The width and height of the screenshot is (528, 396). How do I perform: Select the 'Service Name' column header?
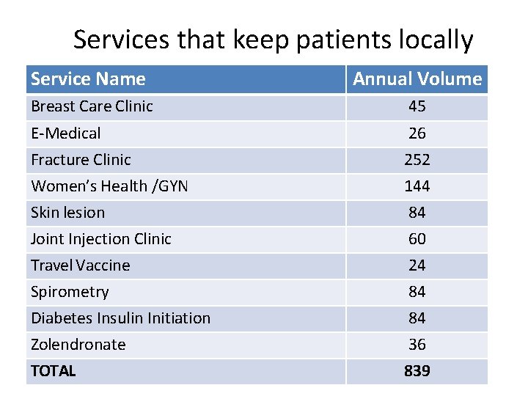tap(88, 79)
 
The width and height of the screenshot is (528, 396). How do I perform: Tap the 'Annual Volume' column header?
tap(417, 79)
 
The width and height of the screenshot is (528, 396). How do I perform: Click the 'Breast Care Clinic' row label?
tap(92, 106)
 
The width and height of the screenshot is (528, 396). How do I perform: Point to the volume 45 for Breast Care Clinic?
tap(417, 106)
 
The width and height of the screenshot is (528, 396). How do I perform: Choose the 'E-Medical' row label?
tap(66, 133)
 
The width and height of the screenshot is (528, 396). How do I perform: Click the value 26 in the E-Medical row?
tap(417, 133)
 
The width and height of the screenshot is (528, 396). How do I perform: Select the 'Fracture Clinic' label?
tap(81, 160)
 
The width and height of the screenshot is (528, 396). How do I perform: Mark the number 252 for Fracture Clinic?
tap(417, 160)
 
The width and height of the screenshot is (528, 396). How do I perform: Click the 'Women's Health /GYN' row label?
tap(109, 186)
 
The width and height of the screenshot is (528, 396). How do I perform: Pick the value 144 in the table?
tap(417, 186)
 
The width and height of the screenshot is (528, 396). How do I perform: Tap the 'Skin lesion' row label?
tap(67, 213)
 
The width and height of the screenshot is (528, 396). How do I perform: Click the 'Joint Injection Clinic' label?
tap(100, 239)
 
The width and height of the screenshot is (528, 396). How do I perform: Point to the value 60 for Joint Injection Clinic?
tap(417, 239)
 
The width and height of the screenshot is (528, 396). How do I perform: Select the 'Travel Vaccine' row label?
tap(80, 265)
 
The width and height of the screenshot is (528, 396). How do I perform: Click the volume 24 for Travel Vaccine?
tap(417, 265)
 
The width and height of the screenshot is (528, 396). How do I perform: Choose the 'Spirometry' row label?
tap(70, 292)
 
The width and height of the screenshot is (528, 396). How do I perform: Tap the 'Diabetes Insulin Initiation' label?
tap(120, 318)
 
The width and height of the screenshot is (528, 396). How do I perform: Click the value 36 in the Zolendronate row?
tap(417, 345)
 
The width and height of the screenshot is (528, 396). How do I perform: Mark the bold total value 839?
tap(417, 371)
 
